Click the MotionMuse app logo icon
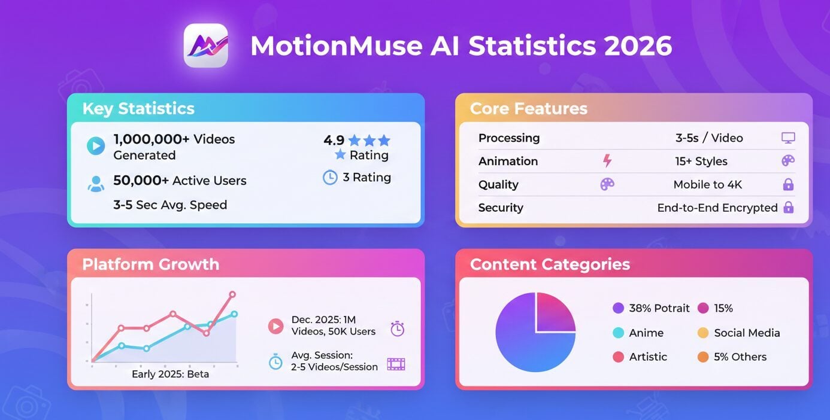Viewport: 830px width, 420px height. (205, 45)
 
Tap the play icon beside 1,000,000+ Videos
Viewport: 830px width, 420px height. (96, 145)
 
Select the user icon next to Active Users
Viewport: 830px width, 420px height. (96, 183)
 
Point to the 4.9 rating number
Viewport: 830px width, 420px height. (334, 141)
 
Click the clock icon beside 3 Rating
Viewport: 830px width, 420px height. (330, 178)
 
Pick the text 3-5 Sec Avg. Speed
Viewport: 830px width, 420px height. (170, 205)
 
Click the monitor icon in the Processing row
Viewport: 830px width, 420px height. (788, 138)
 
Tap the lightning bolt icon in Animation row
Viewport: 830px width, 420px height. (607, 161)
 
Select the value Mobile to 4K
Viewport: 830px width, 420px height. (707, 185)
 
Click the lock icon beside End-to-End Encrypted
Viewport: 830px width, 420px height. (789, 208)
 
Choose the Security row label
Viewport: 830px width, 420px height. (501, 208)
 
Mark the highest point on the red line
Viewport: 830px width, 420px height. (232, 294)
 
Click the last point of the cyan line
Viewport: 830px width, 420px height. (234, 314)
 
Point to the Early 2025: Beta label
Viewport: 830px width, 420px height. (170, 375)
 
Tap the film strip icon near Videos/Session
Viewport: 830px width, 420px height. (396, 364)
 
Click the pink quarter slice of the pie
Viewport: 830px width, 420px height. (555, 312)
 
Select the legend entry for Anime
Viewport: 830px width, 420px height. (638, 333)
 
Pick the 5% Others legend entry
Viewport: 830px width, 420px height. (732, 357)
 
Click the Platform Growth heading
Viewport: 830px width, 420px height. (150, 264)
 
